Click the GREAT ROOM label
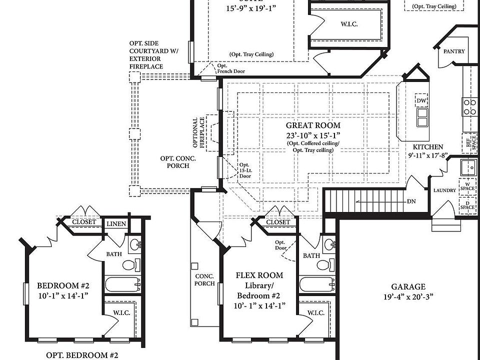coord(313,125)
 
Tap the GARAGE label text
coord(408,286)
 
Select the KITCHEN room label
coord(427,147)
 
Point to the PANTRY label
coord(453,51)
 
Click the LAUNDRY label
coord(444,190)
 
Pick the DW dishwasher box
coord(421,101)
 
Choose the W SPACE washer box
coord(468,186)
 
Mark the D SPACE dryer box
coord(468,205)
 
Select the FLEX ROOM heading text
coord(259,275)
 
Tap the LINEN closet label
coord(116,224)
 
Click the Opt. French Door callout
coord(230,68)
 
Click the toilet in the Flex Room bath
coord(323,264)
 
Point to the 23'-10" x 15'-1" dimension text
coord(313,135)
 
